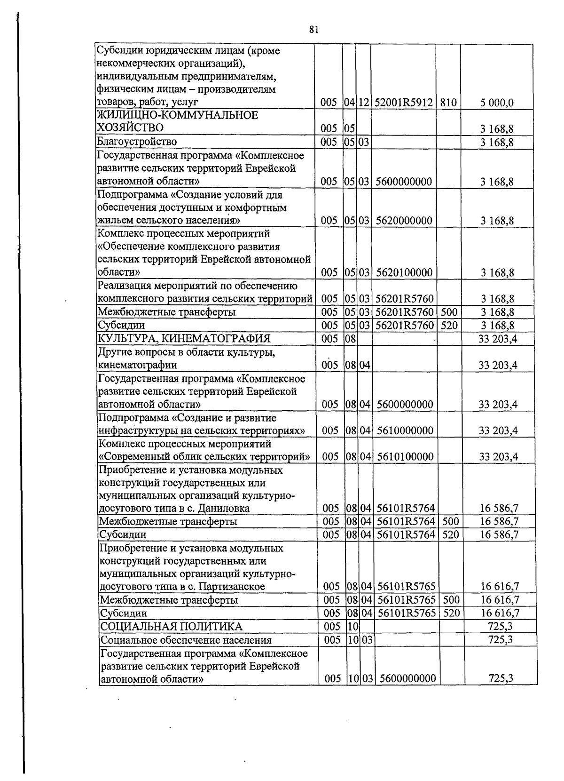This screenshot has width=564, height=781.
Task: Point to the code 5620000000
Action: (404, 221)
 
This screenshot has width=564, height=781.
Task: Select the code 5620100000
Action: (404, 273)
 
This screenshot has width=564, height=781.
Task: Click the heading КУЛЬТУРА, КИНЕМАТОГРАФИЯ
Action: (184, 339)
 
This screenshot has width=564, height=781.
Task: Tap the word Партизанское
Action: (232, 587)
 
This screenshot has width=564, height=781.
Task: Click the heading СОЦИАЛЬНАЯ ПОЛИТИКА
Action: (172, 627)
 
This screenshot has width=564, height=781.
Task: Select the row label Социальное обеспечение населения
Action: (186, 640)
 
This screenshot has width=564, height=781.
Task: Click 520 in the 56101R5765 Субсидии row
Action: (450, 613)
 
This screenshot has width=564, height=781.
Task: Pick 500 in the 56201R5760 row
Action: (448, 312)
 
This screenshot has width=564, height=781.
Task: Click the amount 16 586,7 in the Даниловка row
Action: (499, 509)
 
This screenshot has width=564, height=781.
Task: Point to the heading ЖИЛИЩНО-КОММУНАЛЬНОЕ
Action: (178, 115)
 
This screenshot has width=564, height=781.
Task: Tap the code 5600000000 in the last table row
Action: (407, 679)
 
